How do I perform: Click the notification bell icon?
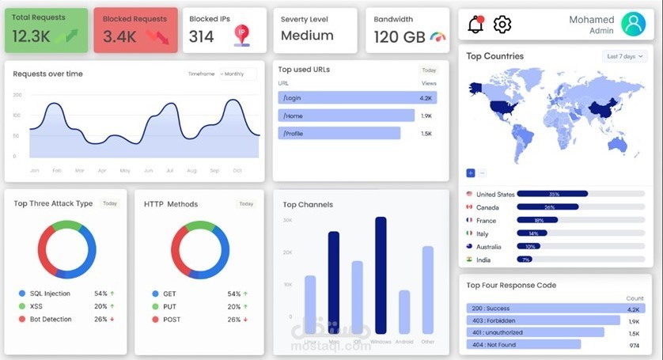click(475, 25)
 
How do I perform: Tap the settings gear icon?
click(502, 25)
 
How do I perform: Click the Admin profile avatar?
click(633, 24)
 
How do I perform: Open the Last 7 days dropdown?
click(626, 56)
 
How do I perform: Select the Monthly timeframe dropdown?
click(237, 74)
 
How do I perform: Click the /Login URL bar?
click(357, 98)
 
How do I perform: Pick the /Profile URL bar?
click(339, 133)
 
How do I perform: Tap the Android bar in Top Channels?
click(404, 312)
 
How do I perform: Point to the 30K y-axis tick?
click(287, 220)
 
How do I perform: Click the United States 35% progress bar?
click(552, 194)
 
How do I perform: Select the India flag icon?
click(469, 260)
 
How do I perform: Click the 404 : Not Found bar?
click(523, 344)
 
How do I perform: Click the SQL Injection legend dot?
click(22, 294)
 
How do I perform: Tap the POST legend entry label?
click(172, 320)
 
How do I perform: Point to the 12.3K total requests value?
click(32, 36)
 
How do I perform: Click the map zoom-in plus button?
click(471, 172)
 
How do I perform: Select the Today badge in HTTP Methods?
click(246, 204)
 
